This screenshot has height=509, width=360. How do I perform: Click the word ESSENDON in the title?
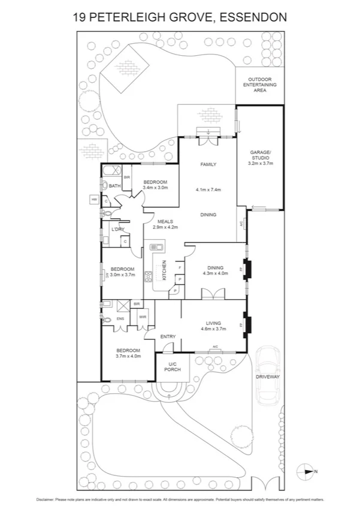[253, 17]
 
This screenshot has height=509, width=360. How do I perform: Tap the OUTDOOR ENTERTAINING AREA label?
[260, 84]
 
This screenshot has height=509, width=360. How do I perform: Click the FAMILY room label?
[208, 164]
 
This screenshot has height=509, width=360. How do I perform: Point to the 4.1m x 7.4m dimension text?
[208, 189]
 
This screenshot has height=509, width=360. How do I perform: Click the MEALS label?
[165, 221]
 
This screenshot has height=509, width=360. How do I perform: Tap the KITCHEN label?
[164, 270]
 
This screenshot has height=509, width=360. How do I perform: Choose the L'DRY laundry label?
[117, 230]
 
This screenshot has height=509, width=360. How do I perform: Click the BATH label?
[114, 186]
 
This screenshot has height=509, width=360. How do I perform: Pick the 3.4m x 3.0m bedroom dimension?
[155, 188]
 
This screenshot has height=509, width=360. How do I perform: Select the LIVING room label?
[213, 323]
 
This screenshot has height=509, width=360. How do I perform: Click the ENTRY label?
[168, 336]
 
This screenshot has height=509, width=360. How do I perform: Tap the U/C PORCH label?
[173, 366]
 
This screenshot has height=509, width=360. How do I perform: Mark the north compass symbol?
[306, 471]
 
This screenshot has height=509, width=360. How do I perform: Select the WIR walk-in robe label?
[143, 317]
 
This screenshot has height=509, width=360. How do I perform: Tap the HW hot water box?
[94, 199]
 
